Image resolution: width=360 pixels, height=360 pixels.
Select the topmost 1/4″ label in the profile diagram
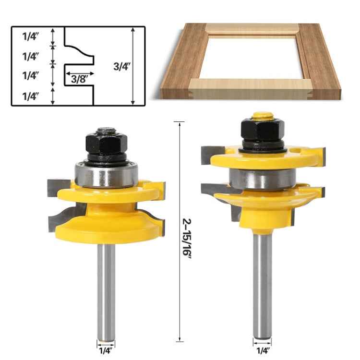pos(31,36)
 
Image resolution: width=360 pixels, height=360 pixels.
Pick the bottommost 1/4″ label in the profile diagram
pos(31,96)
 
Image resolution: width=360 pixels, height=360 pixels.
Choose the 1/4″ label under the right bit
pos(262,351)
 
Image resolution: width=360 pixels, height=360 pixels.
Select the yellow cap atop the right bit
pos(262,115)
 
